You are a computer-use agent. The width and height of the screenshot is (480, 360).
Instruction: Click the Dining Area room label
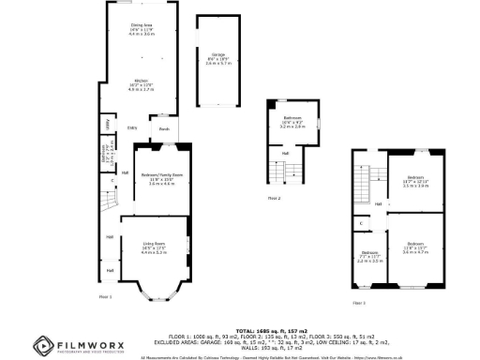click(x=142, y=26)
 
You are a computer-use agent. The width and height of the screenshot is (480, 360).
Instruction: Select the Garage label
click(x=217, y=55)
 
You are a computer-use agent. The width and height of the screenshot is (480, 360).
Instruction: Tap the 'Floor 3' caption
click(x=359, y=303)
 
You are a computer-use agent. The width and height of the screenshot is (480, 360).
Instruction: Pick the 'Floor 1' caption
click(x=105, y=296)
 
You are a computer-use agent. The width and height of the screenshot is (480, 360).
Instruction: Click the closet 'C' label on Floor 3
click(x=361, y=223)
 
